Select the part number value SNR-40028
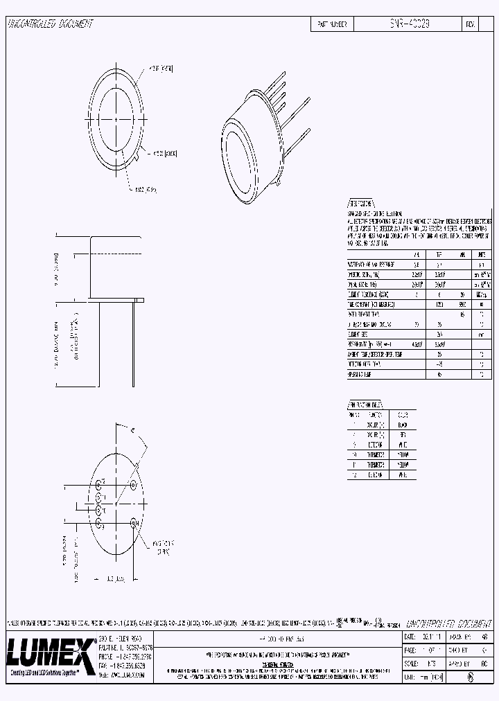(409, 24)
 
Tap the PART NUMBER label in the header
(332, 24)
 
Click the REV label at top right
(471, 24)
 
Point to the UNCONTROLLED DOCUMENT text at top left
(50, 24)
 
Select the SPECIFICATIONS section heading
(360, 204)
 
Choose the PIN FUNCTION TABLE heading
(365, 405)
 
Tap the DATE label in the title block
(410, 635)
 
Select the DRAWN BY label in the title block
(458, 635)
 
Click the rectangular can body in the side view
(116, 267)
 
